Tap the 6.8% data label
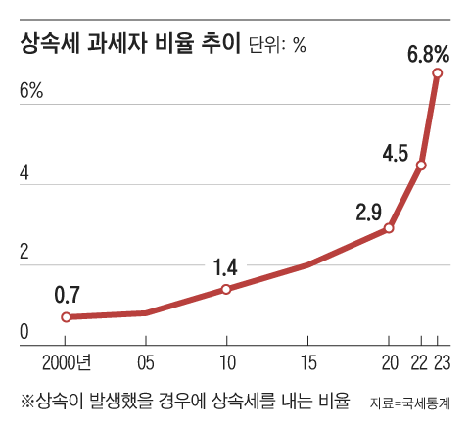pos(428,52)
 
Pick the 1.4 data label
pos(226,266)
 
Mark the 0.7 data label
pos(67,294)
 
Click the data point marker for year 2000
pos(67,317)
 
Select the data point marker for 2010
pos(226,289)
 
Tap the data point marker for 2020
pos(389,228)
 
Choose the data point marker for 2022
pos(421,165)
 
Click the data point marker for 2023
pos(438,73)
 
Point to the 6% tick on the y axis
pos(31,91)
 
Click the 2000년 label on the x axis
pos(67,362)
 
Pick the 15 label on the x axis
pos(307,362)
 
